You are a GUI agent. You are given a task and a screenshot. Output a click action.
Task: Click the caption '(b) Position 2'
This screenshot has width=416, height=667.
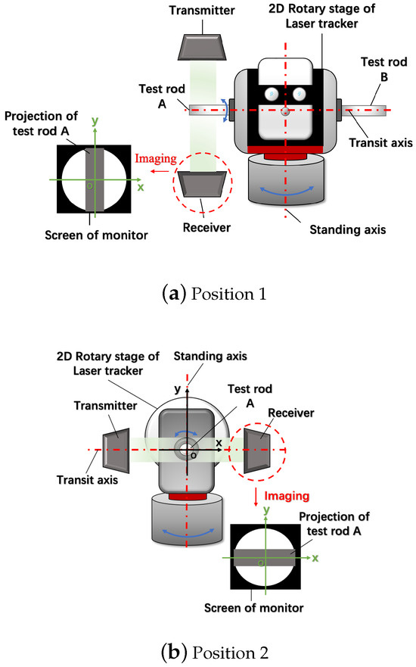tap(208, 651)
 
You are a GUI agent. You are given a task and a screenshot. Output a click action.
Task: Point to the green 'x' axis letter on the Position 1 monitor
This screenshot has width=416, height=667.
tap(140, 185)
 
